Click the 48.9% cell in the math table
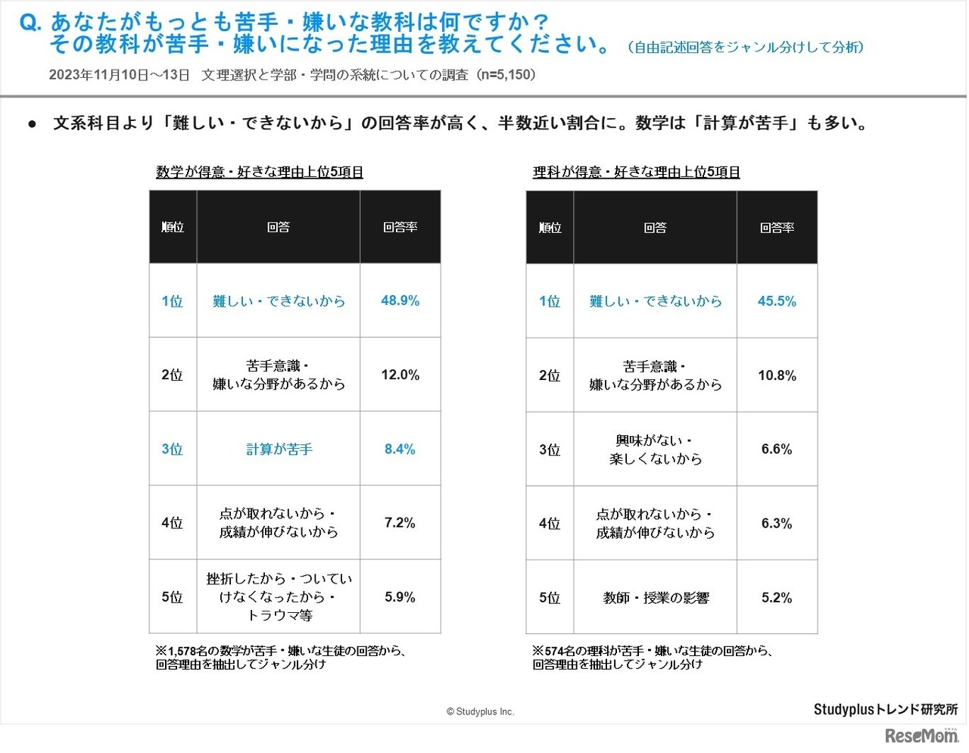[400, 300]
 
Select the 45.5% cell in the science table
[777, 301]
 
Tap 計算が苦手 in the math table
[279, 450]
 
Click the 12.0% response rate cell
[400, 375]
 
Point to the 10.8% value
[777, 375]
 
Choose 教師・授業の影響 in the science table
[656, 598]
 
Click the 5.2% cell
[777, 598]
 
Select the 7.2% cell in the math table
[400, 523]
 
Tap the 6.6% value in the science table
[777, 450]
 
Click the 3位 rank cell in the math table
[173, 450]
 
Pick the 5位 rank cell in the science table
[550, 598]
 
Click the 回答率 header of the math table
[400, 227]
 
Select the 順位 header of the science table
[550, 228]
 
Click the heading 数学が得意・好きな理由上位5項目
[260, 173]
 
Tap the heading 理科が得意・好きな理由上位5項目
[636, 173]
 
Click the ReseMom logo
[921, 736]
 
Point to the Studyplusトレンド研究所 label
[885, 709]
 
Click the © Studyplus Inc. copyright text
[480, 711]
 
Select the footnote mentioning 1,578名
[280, 658]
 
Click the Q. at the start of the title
[30, 23]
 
